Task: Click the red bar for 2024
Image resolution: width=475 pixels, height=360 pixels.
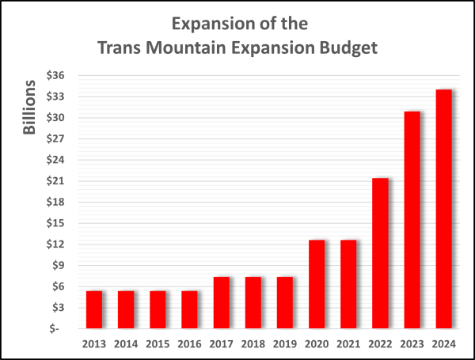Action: point(443,209)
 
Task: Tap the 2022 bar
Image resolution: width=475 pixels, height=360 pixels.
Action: point(380,253)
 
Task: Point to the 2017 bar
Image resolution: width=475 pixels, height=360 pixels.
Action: point(222,302)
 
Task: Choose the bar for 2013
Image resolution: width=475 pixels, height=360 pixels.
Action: point(94,309)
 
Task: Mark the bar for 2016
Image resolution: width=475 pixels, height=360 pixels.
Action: point(190,309)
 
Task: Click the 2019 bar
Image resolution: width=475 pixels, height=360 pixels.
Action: point(285,302)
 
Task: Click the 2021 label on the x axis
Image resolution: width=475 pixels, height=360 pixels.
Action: point(348,343)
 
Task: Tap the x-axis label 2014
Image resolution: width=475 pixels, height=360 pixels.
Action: point(126,343)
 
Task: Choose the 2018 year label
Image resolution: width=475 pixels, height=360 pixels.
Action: point(253,343)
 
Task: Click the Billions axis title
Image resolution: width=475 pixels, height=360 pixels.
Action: point(29,107)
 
